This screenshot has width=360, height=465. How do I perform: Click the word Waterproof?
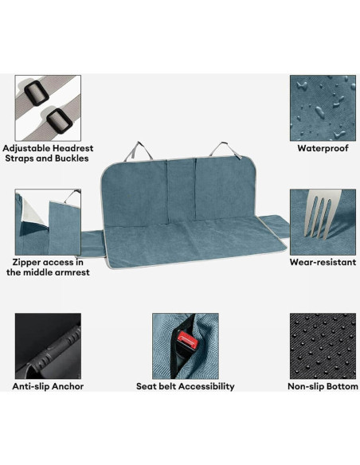(x=323, y=148)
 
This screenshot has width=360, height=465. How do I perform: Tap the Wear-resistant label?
(x=323, y=262)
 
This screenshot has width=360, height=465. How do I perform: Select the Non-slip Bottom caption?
(x=323, y=387)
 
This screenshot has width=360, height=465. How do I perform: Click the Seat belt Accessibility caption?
(x=186, y=387)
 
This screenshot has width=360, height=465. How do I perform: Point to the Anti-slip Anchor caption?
(x=48, y=387)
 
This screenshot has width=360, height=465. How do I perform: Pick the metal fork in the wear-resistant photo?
(x=318, y=215)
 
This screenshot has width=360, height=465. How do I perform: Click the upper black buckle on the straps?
(x=36, y=92)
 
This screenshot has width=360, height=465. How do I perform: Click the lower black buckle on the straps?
(x=57, y=121)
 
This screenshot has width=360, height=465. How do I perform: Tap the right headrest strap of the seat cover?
(x=224, y=149)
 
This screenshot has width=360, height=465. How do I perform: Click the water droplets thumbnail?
(x=323, y=107)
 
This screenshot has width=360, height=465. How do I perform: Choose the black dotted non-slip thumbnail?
(x=323, y=346)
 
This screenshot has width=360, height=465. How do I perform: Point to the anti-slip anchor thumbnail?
(x=48, y=346)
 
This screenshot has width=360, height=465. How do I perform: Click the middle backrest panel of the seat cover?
(x=182, y=191)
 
